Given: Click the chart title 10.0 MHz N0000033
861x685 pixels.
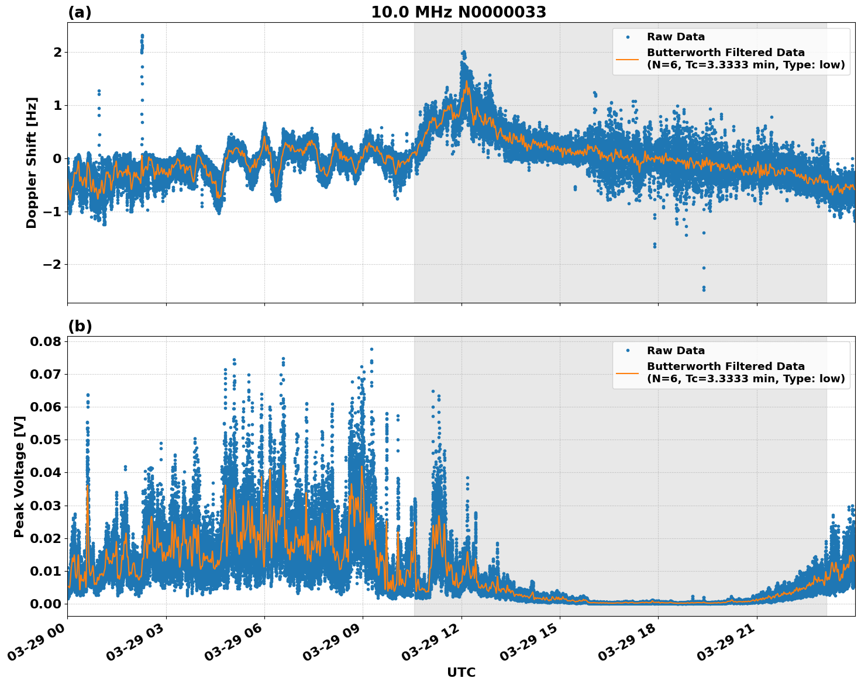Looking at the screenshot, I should coord(459,12).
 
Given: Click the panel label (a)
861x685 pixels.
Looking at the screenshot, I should coord(80,12).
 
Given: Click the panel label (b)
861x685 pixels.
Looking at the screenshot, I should coord(80,326).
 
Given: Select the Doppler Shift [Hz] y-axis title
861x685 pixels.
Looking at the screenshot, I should coord(32,162).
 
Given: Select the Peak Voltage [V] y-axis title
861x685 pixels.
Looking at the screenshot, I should coord(19,476).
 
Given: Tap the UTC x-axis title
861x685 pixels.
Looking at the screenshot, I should coord(461,672).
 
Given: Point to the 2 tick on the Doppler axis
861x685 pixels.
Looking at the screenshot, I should coord(57,53).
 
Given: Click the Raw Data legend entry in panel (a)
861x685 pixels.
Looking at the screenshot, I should coord(676,37).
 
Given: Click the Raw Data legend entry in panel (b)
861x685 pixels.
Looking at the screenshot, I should coord(676,351).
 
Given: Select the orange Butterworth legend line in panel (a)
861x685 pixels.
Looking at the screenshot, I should coord(627,59).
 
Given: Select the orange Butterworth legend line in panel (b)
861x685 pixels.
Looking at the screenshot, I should coord(627,373).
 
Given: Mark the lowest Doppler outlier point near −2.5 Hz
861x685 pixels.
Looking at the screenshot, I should coord(704,289).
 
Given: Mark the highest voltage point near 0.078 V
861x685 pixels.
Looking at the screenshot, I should coord(371,349).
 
